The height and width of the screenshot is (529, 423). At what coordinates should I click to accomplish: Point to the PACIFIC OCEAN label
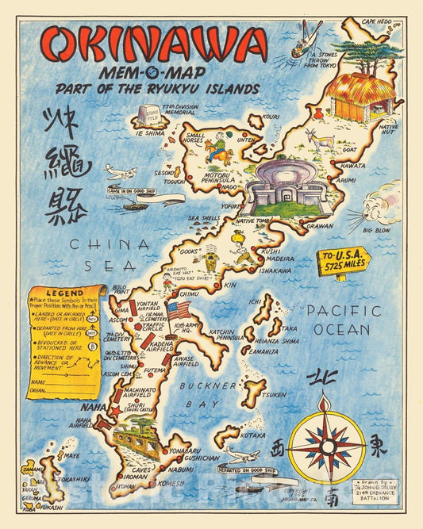point(344,319)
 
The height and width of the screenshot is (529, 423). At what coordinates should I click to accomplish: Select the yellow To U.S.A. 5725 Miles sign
point(343,261)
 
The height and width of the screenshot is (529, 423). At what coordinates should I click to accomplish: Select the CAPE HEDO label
point(379,21)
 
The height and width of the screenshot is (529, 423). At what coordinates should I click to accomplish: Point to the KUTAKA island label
point(254,435)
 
